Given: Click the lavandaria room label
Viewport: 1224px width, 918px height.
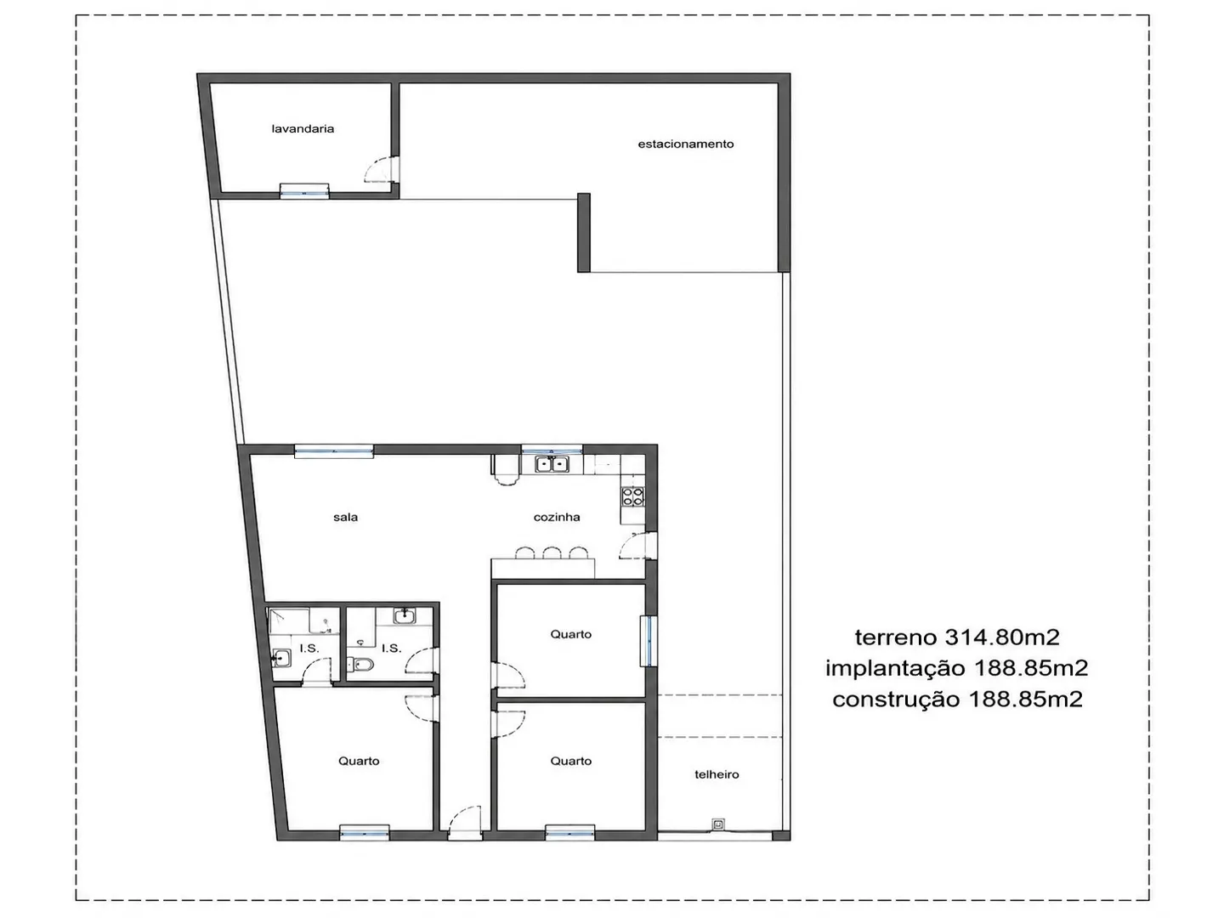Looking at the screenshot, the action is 303,128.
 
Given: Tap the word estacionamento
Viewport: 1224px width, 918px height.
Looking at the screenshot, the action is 685,144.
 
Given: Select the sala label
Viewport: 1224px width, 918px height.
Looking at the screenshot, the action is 345,518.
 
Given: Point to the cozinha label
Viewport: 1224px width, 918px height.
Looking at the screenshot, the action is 557,518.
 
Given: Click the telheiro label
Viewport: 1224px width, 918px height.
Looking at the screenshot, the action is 717,774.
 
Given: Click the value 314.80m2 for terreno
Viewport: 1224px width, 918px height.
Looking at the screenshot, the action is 1002,637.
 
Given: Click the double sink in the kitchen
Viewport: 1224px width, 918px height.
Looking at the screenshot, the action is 552,464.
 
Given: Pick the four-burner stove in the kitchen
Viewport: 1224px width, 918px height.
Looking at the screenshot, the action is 633,496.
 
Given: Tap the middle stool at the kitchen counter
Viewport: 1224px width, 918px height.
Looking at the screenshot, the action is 552,552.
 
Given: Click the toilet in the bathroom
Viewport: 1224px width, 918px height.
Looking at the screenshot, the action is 360,665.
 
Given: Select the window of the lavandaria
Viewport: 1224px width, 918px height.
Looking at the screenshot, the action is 304,191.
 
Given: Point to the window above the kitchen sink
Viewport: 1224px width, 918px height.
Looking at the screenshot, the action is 552,450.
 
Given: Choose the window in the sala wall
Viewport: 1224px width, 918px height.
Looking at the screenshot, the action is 333,450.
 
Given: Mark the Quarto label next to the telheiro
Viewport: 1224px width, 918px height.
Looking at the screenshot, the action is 570,761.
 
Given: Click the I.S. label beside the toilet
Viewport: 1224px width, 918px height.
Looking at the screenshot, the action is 391,649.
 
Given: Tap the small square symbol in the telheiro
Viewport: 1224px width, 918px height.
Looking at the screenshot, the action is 718,824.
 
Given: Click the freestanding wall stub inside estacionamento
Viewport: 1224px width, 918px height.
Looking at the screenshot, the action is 583,232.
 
